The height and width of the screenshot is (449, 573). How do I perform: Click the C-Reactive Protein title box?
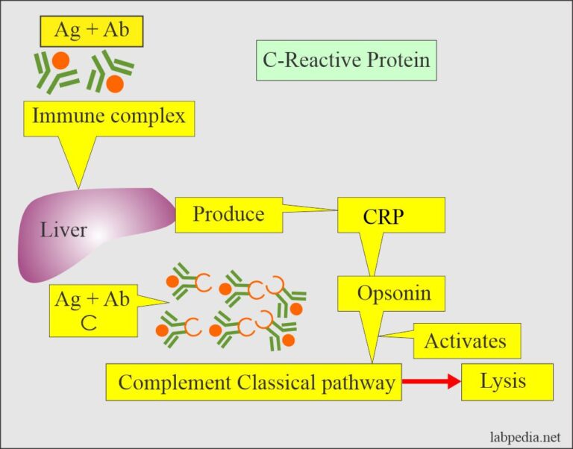pos(346,60)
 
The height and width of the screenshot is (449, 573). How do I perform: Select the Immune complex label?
pos(109,118)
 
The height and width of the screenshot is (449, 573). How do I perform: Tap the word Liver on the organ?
pos(63,230)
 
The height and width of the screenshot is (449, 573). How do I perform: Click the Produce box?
pos(228,215)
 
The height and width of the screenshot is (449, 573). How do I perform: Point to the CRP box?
pos(391,217)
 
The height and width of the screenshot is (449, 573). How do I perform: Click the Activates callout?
pos(465,342)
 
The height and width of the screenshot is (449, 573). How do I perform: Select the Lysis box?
pos(507,381)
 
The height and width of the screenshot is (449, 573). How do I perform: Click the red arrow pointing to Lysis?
pos(431,382)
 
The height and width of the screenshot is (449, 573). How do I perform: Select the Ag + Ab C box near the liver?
pos(93,310)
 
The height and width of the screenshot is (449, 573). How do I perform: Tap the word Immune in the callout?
pos(66,118)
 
